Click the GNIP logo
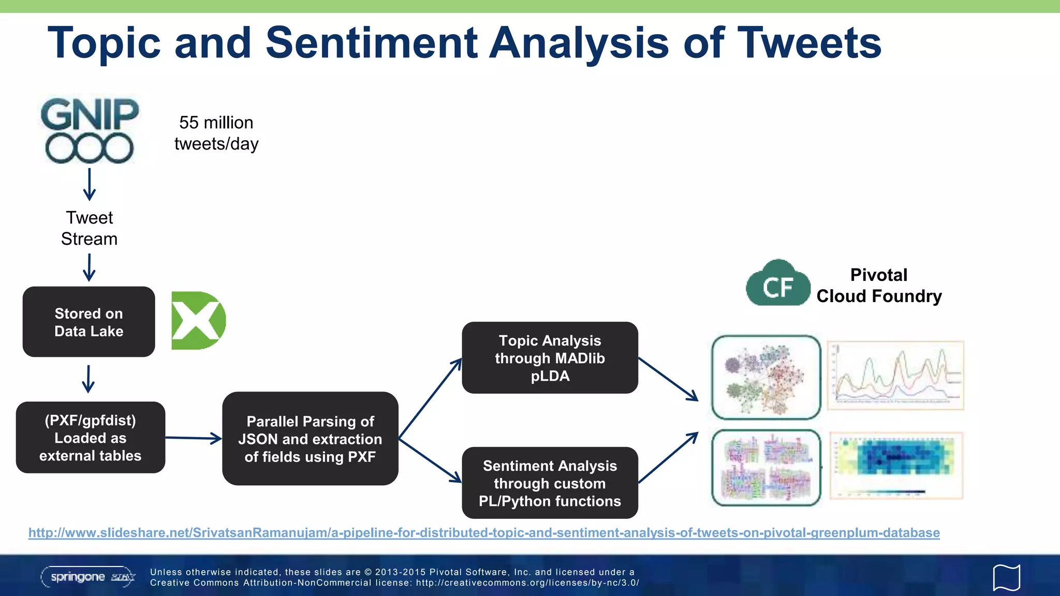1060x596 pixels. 90,130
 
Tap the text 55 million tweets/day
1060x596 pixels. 216,133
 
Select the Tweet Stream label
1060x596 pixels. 89,228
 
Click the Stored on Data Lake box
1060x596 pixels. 89,322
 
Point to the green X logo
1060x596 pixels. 198,320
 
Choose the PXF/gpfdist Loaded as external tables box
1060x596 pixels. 90,438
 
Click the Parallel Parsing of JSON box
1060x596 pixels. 310,439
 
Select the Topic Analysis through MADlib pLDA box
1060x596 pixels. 550,358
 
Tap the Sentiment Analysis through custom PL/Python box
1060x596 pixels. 550,483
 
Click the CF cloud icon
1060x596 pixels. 777,284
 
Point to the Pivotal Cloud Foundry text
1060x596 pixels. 879,286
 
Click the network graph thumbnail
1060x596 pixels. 766,377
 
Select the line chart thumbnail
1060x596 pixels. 895,376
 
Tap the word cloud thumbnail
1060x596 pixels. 766,468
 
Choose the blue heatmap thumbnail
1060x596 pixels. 896,465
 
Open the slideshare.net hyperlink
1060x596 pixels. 484,533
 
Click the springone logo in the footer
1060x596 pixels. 88,577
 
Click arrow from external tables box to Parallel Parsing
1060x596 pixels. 193,439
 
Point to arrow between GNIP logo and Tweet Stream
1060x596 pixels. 90,184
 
